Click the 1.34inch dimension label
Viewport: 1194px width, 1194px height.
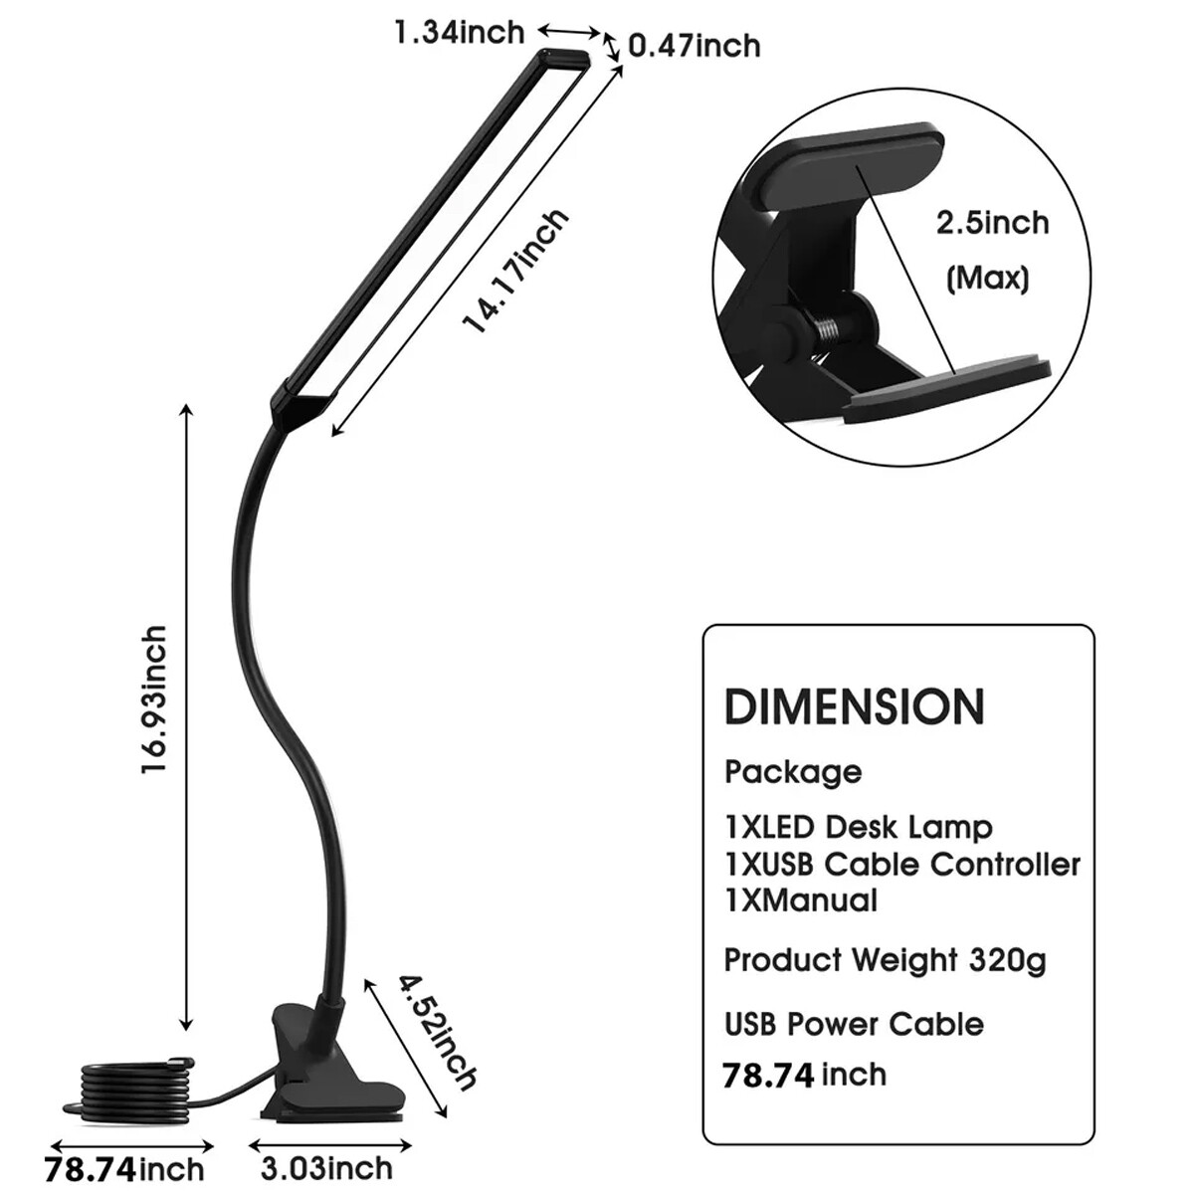pyautogui.click(x=459, y=32)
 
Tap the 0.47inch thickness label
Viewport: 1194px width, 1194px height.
pyautogui.click(x=694, y=46)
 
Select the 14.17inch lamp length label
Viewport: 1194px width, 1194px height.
pyautogui.click(x=517, y=271)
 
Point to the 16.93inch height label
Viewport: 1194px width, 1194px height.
pyautogui.click(x=154, y=700)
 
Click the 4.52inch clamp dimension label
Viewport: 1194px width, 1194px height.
pyautogui.click(x=438, y=1032)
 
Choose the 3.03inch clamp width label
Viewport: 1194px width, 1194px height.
pyautogui.click(x=328, y=1166)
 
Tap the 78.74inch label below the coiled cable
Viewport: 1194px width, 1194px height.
pyautogui.click(x=124, y=1168)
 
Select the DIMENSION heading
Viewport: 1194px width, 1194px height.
pyautogui.click(x=854, y=706)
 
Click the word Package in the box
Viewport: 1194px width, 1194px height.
pyautogui.click(x=793, y=772)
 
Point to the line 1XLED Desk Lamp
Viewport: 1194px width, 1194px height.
pyautogui.click(x=858, y=827)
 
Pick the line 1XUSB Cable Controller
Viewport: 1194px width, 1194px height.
pyautogui.click(x=901, y=864)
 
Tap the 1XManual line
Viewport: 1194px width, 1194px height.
pyautogui.click(x=801, y=900)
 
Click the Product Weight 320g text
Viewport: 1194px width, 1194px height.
pyautogui.click(x=885, y=961)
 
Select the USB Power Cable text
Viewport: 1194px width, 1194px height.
pyautogui.click(x=854, y=1024)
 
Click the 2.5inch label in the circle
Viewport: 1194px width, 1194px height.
pyautogui.click(x=992, y=222)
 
